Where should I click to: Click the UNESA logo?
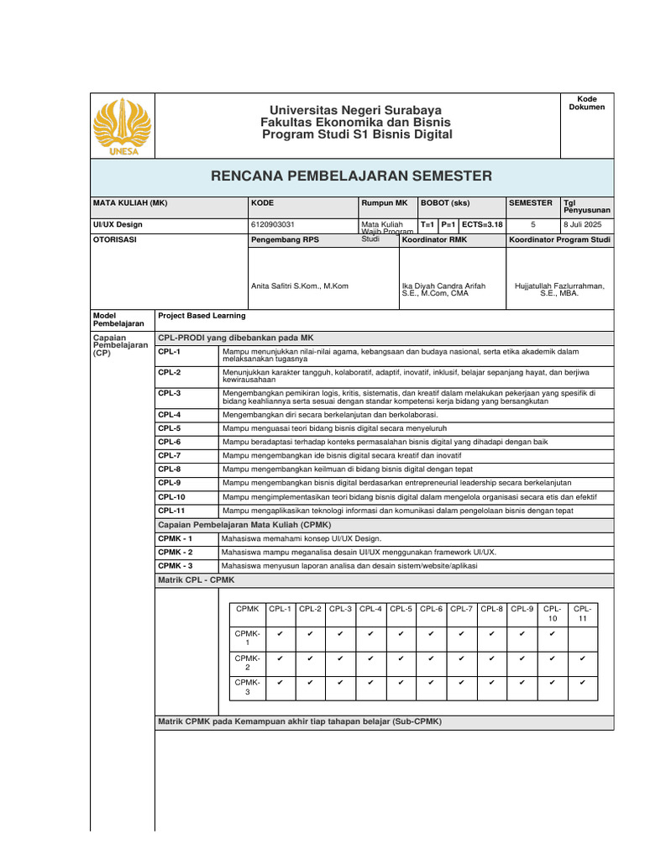tap(122, 127)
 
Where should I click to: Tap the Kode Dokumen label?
tap(586, 103)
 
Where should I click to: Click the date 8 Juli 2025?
tap(582, 224)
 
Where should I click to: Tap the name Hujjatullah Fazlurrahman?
tap(559, 286)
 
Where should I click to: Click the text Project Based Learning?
tap(202, 316)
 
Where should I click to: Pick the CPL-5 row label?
tap(170, 427)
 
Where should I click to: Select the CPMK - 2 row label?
tap(176, 552)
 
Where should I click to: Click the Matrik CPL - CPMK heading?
tap(197, 580)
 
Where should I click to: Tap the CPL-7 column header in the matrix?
tap(462, 609)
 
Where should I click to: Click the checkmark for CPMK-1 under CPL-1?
tap(281, 634)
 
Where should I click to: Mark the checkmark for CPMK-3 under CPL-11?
tap(582, 684)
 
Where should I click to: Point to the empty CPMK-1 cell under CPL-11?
tap(582, 637)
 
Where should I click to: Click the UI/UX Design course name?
tap(118, 224)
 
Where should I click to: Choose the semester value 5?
tap(532, 224)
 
